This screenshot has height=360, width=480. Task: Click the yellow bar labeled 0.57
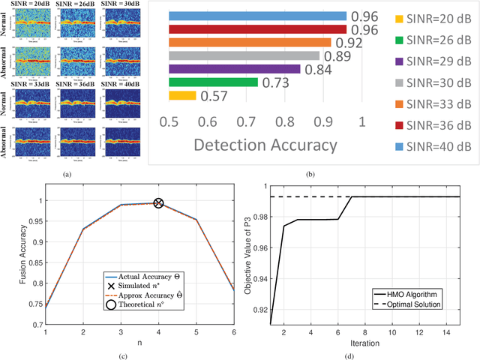182,95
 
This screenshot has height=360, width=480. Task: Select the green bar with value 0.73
213,82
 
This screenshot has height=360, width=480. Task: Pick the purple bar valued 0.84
234,69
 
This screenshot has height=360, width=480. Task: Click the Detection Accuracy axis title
265,145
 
